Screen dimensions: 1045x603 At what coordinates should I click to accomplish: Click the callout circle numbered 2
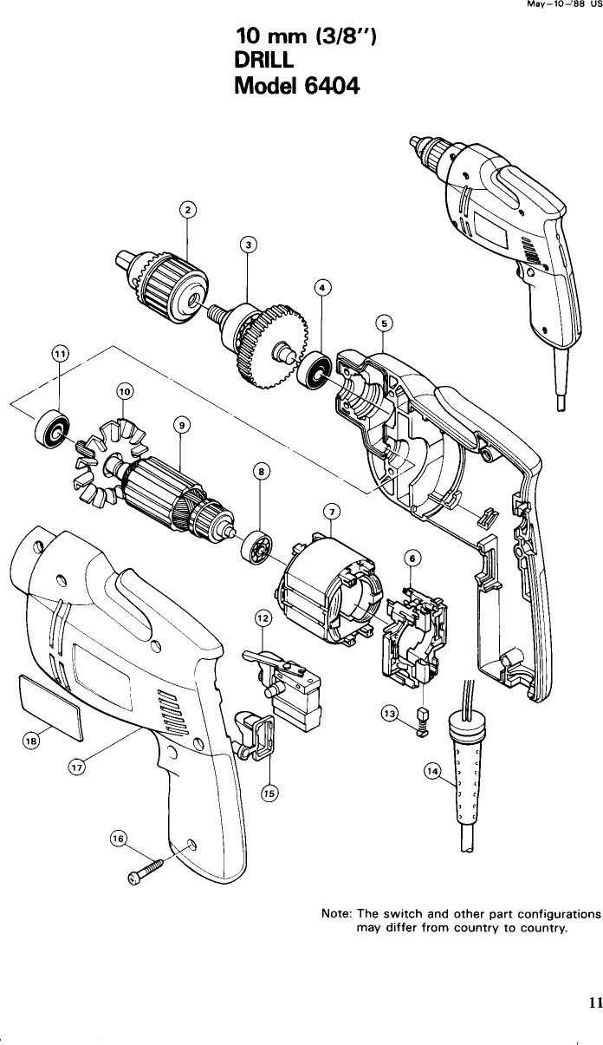pyautogui.click(x=188, y=209)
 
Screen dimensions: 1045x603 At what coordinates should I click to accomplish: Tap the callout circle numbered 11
pyautogui.click(x=59, y=353)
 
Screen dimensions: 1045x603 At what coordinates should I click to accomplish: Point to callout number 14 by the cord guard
pyautogui.click(x=431, y=771)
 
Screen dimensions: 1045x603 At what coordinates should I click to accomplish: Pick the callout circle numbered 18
pyautogui.click(x=32, y=740)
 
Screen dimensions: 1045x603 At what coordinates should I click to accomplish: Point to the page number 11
pyautogui.click(x=594, y=1003)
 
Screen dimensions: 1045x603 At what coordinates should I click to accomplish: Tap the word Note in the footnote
pyautogui.click(x=335, y=914)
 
